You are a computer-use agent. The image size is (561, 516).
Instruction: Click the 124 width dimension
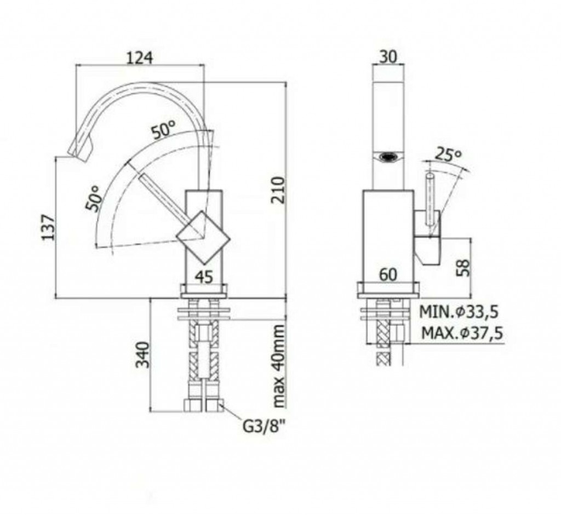point(140,58)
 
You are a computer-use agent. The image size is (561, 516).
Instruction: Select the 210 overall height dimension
point(278,190)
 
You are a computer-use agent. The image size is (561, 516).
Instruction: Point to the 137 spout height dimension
point(48,227)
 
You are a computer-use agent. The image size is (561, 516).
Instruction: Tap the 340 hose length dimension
point(143,354)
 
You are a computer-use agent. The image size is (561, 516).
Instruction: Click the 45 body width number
point(205,277)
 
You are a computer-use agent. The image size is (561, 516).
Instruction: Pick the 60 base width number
point(388,275)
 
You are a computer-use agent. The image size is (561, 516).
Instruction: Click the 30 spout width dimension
point(388,57)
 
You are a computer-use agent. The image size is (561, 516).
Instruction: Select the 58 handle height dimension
point(463,268)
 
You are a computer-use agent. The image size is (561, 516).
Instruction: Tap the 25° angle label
point(448,154)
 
